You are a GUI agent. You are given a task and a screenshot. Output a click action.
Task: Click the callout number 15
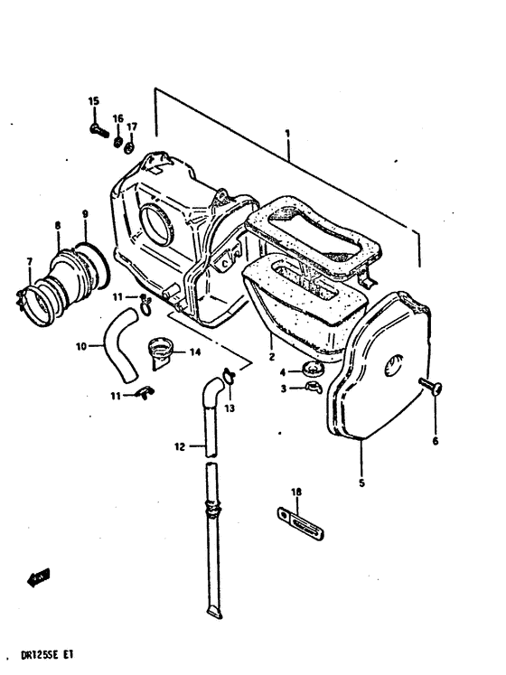coord(93,101)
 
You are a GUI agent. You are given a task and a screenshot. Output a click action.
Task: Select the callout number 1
coord(287,134)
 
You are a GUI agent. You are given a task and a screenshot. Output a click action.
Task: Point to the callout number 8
coord(57,224)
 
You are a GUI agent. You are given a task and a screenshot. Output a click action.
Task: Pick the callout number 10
coord(80,345)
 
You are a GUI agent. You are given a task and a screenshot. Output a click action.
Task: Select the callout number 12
coord(180,446)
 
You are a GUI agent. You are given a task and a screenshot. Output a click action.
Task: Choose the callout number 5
coord(361,483)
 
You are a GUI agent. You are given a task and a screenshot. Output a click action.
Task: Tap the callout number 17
coord(132,127)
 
